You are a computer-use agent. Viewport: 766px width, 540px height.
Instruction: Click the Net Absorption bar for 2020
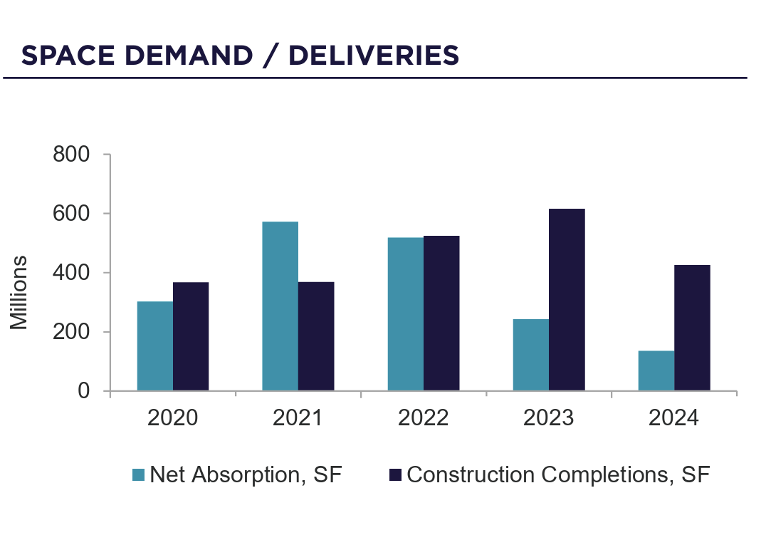tap(154, 346)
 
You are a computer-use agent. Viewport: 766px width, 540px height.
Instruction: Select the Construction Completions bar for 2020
tap(191, 336)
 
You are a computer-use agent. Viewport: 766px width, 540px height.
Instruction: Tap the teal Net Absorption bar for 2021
tap(280, 306)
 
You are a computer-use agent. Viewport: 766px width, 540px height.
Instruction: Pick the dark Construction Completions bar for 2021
tap(316, 336)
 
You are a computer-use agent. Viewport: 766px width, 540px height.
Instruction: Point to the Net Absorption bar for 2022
tap(405, 314)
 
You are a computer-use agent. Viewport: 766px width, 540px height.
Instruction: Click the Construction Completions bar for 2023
tap(567, 299)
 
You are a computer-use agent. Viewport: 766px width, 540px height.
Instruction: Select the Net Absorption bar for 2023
tap(530, 355)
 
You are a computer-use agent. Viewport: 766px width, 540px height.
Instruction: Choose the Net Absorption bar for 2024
tap(656, 370)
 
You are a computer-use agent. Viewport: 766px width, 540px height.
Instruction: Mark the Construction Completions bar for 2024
tap(692, 328)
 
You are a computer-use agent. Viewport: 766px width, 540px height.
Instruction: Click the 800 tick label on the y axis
tap(71, 155)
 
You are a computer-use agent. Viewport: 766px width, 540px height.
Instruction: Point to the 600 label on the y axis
tap(71, 214)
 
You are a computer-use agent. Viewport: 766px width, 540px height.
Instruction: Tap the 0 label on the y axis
tap(84, 391)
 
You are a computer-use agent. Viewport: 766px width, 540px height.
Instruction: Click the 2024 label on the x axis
tap(673, 418)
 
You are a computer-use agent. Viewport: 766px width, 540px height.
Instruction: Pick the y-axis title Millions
tap(19, 292)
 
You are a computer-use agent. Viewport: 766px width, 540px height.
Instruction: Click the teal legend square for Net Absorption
tap(139, 475)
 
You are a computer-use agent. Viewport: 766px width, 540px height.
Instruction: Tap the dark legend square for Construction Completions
tap(396, 475)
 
